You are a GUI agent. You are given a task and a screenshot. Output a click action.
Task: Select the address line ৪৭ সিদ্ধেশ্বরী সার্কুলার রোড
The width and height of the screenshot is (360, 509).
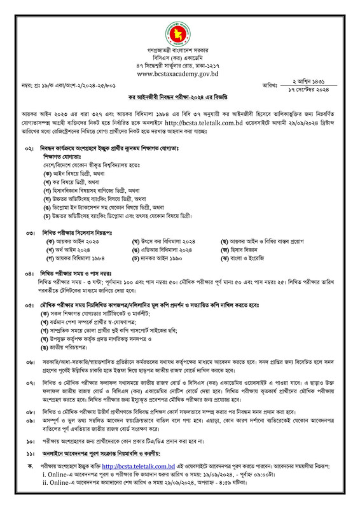(180, 66)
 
